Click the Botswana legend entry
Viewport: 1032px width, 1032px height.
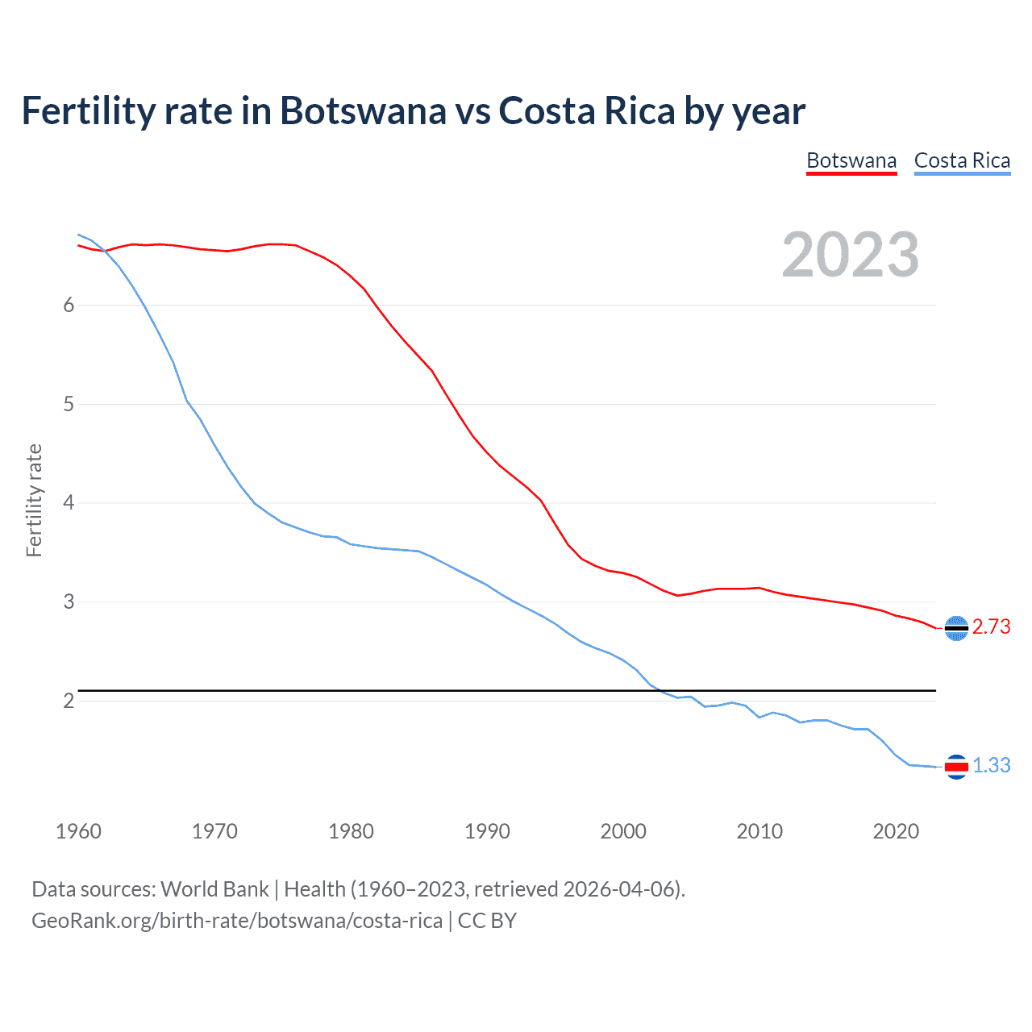tap(851, 160)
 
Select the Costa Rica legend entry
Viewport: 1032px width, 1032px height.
tap(962, 160)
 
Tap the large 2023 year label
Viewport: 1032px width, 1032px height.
tap(851, 255)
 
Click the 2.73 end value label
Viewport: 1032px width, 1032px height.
tap(991, 627)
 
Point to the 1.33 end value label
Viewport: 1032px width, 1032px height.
tap(991, 766)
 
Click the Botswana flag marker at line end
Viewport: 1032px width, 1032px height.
tap(956, 628)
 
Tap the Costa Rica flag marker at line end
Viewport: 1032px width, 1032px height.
tap(956, 767)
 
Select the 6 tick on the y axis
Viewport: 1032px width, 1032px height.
tap(69, 305)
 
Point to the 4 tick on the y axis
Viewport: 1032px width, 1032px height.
tap(69, 503)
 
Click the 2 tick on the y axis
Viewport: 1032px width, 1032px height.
tap(69, 701)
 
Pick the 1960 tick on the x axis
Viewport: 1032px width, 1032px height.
tap(78, 831)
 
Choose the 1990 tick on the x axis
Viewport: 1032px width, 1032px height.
tap(487, 831)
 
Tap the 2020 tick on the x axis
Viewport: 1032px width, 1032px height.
tap(896, 831)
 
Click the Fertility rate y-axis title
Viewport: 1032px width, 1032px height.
tap(34, 500)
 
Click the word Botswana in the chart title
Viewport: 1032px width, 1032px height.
tap(362, 110)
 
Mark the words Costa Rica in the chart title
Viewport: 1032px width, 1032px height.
tap(586, 110)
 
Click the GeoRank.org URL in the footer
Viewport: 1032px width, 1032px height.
tap(237, 921)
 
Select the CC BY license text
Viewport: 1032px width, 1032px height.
tap(487, 921)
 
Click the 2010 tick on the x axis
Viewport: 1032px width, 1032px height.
tap(759, 831)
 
